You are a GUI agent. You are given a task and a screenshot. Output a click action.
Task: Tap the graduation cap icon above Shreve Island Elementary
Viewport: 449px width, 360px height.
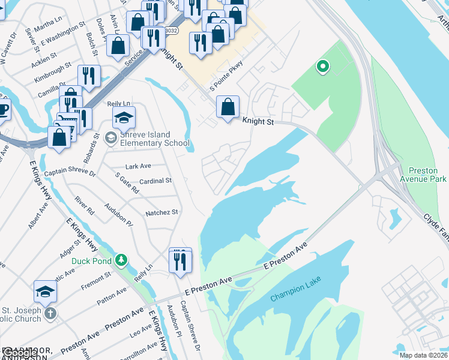click(124, 117)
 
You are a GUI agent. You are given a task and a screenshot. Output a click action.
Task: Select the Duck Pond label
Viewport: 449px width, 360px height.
click(90, 260)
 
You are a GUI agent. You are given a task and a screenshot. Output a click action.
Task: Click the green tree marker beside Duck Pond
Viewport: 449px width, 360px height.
click(122, 260)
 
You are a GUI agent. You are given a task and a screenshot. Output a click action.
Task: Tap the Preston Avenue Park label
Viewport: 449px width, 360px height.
click(427, 175)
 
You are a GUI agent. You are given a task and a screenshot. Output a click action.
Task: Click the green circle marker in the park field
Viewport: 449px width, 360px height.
click(323, 67)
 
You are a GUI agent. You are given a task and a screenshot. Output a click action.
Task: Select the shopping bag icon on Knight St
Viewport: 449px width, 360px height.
click(228, 107)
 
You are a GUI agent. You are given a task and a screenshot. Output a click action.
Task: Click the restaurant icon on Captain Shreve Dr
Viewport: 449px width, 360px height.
click(180, 260)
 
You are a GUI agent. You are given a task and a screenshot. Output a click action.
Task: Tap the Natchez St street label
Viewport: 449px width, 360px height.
click(161, 212)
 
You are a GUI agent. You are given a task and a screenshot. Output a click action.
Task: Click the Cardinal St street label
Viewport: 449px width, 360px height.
click(155, 181)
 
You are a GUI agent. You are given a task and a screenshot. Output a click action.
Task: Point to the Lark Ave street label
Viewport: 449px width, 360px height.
click(138, 166)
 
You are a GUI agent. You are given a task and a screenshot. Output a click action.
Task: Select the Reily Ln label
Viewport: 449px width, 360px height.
click(118, 104)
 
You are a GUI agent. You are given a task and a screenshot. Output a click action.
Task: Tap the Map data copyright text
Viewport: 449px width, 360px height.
click(424, 355)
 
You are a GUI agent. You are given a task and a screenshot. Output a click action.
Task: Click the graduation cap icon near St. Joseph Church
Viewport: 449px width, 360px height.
click(45, 292)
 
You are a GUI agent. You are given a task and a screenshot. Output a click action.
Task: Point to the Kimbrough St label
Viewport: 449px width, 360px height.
click(53, 74)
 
